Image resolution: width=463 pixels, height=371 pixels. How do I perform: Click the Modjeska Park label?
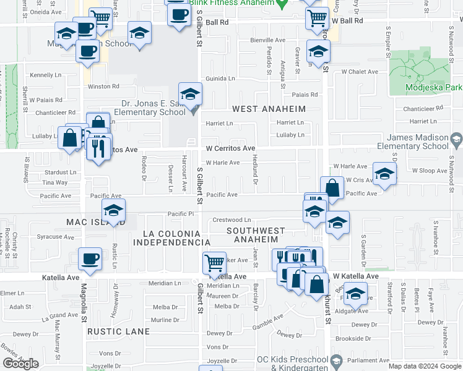[434, 87]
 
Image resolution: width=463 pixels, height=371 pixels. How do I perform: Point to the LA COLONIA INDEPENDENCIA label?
[172, 238]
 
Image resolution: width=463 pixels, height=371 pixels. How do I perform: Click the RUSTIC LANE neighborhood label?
[118, 331]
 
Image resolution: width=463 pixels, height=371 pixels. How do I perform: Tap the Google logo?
[20, 364]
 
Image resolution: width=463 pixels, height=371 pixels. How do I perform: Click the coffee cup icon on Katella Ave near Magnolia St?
[90, 259]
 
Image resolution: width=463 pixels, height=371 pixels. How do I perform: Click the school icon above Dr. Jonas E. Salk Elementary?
[190, 95]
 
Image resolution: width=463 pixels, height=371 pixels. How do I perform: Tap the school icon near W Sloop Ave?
[384, 174]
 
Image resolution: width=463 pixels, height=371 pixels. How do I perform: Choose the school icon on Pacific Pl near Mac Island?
[113, 211]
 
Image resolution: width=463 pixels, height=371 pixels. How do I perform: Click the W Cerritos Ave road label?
[230, 148]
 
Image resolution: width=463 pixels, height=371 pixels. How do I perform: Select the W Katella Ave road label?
[355, 276]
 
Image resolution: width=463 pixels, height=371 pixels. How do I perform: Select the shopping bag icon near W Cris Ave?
[332, 189]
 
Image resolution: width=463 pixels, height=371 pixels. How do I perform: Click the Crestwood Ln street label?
[231, 220]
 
